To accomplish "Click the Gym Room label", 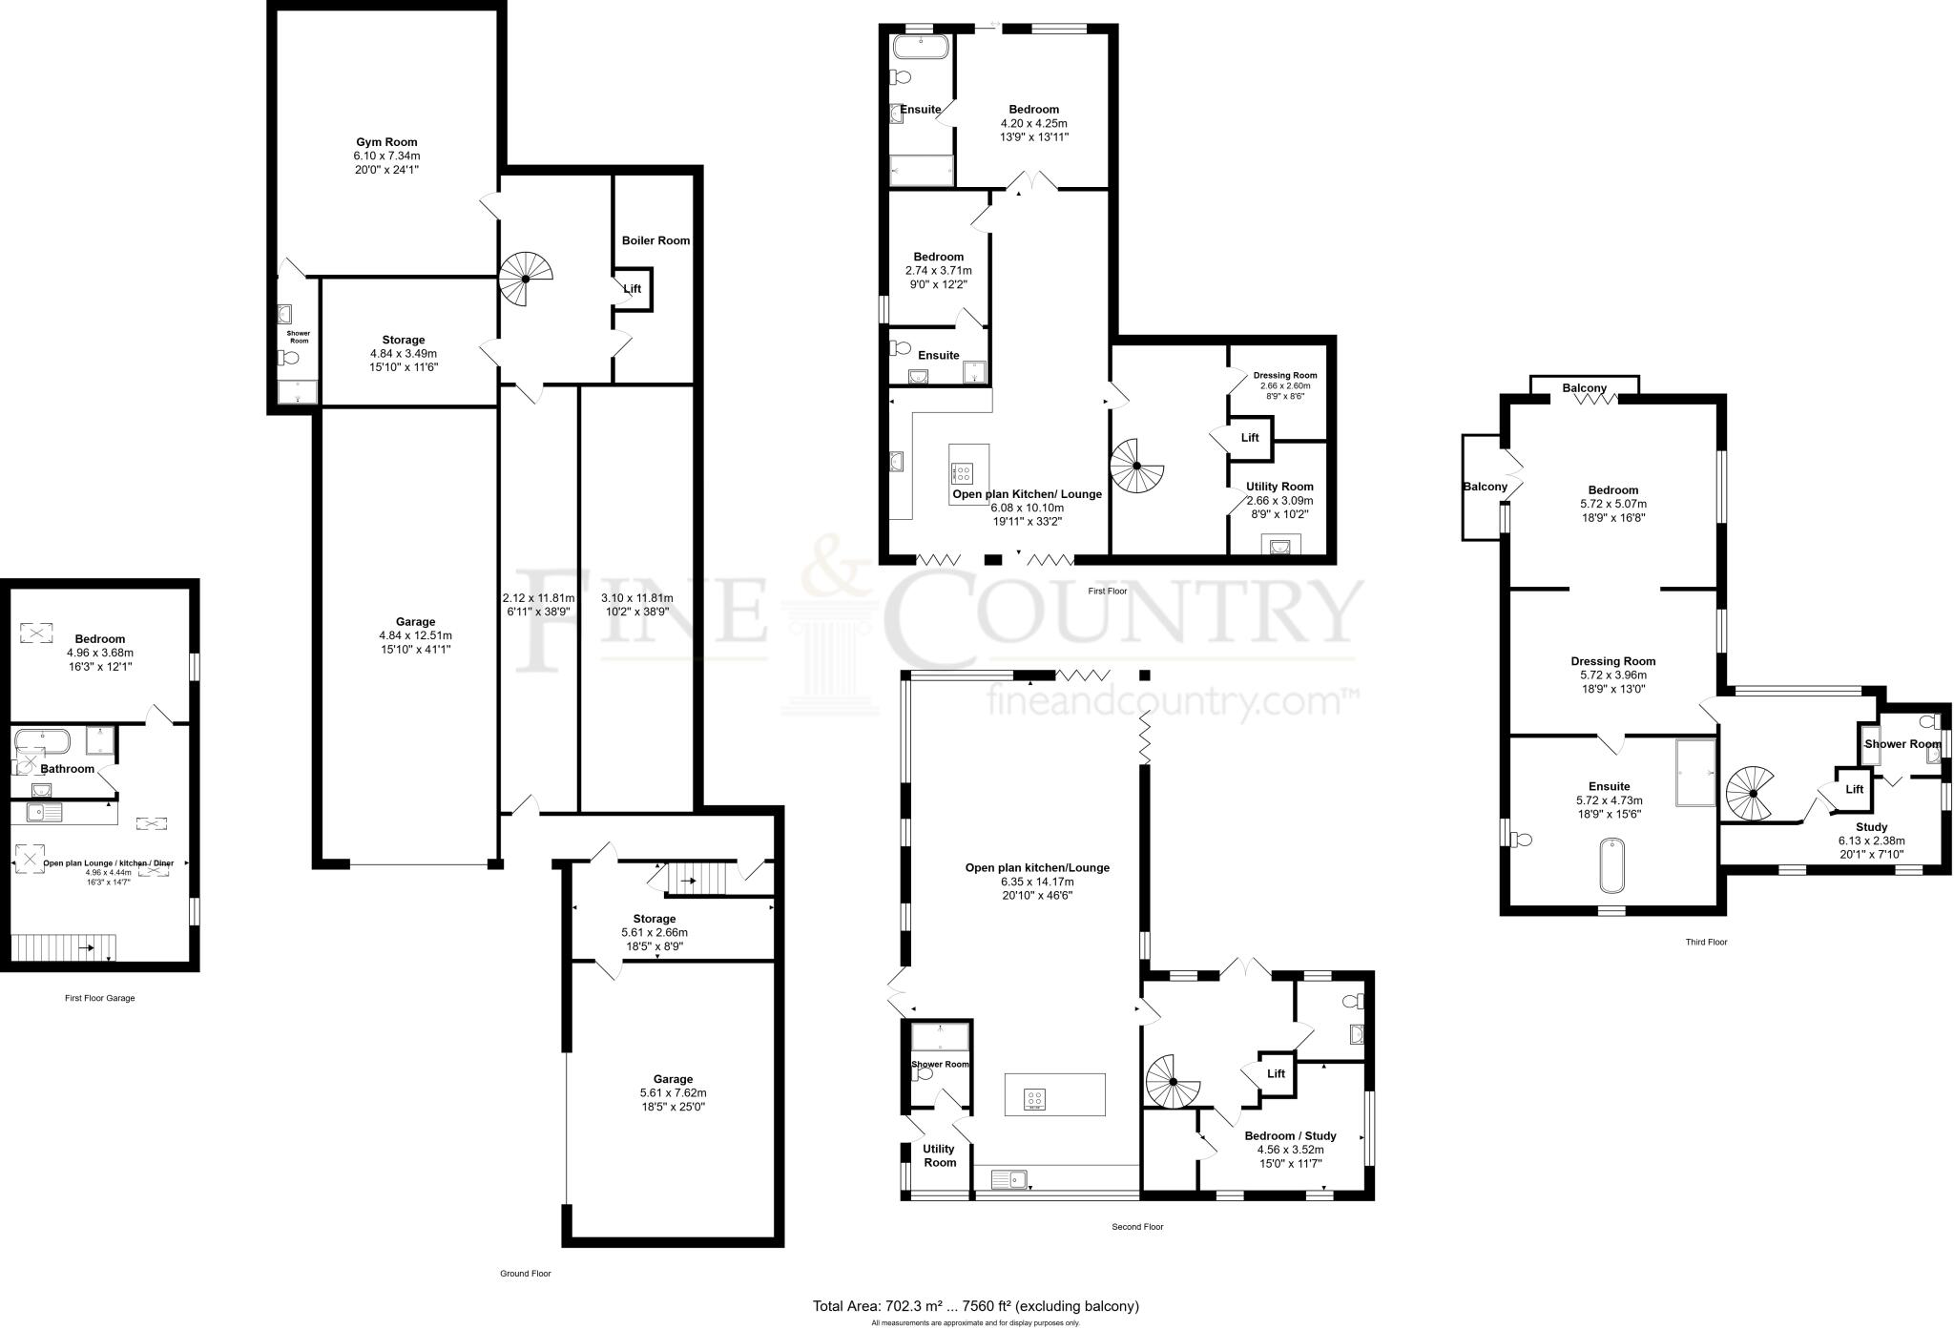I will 386,142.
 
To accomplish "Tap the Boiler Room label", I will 655,240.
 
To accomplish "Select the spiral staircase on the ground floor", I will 526,279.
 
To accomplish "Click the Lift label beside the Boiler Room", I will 632,288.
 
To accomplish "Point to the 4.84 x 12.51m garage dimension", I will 415,635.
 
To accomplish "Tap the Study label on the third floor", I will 1871,827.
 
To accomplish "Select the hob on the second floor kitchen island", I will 1035,1099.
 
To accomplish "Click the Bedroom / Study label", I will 1290,1136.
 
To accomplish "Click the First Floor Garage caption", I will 99,998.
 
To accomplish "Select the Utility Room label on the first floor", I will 1279,487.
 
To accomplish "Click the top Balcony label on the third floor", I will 1584,388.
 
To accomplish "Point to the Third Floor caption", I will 1706,942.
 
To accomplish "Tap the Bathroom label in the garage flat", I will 67,769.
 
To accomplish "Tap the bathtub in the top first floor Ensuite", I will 920,47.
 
